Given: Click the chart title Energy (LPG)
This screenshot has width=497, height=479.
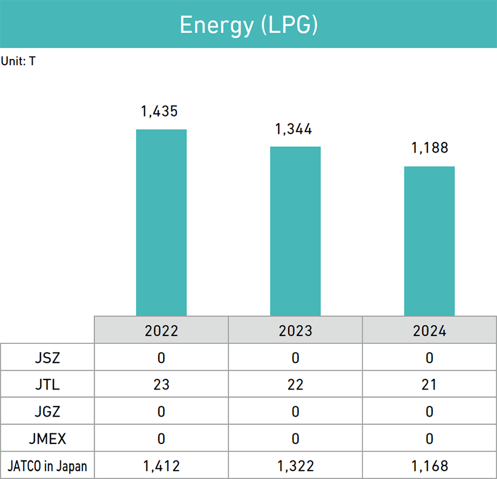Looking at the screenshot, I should (248, 25).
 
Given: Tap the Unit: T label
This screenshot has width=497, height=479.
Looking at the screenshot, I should (19, 61).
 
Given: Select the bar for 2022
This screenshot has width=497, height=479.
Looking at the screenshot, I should (162, 222).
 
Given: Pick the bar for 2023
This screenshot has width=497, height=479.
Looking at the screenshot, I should (295, 231).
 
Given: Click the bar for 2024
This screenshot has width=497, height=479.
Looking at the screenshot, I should (429, 241).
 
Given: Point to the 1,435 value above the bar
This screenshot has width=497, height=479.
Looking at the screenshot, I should (159, 111).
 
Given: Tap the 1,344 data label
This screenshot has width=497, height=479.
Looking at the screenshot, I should (293, 129).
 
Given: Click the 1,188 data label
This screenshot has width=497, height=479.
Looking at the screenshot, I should (429, 148).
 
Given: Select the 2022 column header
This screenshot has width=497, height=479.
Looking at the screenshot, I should (162, 330).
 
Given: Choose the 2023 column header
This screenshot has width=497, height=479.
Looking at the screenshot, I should (295, 330).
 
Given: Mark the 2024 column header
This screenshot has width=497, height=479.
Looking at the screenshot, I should (429, 330).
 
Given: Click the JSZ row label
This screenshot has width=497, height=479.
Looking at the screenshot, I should (47, 357).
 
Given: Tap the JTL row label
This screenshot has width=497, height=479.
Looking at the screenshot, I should (47, 384).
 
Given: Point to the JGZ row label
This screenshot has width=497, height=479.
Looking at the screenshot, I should (47, 411).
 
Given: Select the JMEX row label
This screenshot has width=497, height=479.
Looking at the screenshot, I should (47, 438).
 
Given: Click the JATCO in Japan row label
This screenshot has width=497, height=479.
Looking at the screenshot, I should (47, 465).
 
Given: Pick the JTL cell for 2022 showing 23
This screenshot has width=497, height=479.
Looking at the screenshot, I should (162, 384).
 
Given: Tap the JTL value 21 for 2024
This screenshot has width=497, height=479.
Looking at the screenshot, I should (429, 384).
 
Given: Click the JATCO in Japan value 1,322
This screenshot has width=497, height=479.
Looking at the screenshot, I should (295, 465).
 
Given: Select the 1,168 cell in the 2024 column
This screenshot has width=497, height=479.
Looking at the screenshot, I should (429, 465).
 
